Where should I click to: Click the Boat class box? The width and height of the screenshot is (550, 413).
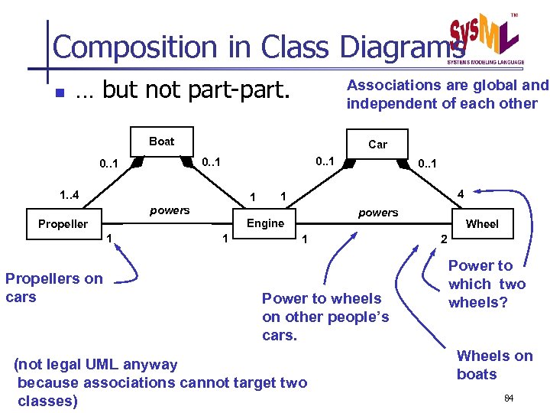point(161,141)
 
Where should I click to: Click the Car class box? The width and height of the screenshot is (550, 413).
point(377,144)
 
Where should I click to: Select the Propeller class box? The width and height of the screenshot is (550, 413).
point(63,224)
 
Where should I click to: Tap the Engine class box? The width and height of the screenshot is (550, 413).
point(265,223)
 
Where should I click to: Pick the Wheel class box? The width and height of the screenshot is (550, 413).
point(481,223)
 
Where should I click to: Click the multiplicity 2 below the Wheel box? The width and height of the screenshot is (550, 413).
point(443,240)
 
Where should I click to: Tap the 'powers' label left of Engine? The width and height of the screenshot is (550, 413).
point(170,210)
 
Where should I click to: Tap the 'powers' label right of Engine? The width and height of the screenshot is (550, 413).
point(378,213)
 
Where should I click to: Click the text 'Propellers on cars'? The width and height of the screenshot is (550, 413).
point(53,288)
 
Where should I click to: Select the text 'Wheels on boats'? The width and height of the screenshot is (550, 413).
point(493,364)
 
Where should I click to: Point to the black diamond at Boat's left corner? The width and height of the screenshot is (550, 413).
point(138,161)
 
